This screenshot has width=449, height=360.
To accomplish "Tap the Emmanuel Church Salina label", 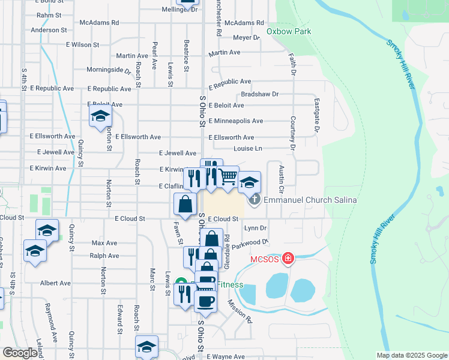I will click(310, 200).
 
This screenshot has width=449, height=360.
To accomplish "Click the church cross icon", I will click(255, 200).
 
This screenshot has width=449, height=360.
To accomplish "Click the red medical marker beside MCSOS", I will click(289, 259).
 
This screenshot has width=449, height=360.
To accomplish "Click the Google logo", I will click(20, 353).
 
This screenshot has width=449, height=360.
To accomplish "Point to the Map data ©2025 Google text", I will click(411, 355).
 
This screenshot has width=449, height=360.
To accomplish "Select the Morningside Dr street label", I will click(109, 70).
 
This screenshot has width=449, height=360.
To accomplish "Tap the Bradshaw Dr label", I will click(260, 94).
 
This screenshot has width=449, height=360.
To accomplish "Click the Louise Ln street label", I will click(248, 148).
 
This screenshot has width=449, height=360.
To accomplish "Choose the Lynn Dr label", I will click(255, 228).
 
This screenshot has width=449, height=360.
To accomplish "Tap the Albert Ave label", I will click(55, 283).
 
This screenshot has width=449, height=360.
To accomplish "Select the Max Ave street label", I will click(104, 243).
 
